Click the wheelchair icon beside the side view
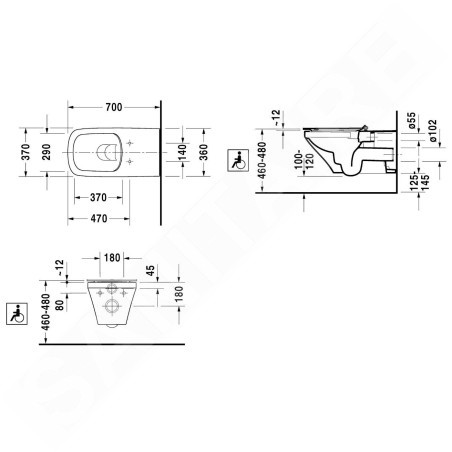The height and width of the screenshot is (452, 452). (x=237, y=158)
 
